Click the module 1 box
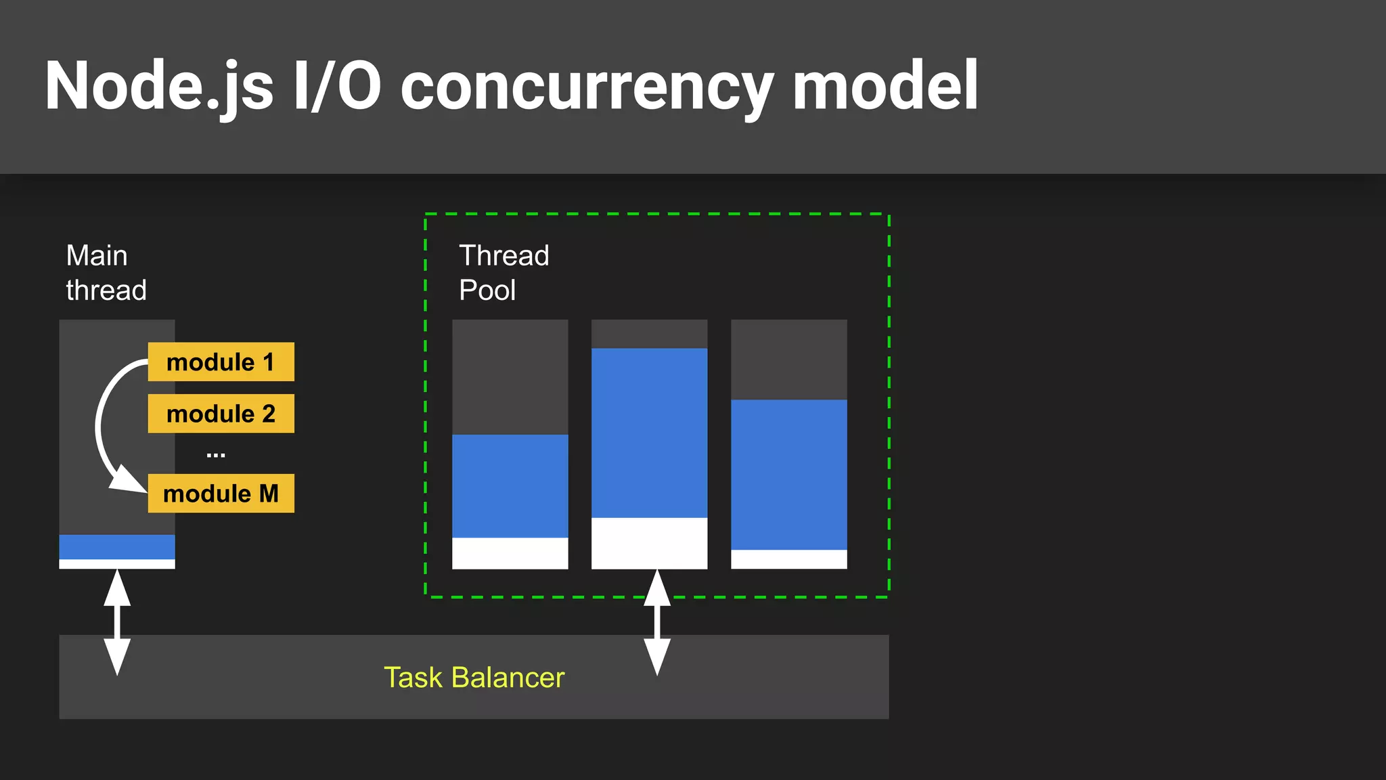[x=221, y=362]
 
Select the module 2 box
[x=221, y=414]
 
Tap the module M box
[x=221, y=494]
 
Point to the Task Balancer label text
[x=474, y=678]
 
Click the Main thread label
[x=106, y=273]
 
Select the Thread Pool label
[x=504, y=273]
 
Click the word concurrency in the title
[x=586, y=87]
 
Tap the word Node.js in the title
[x=159, y=87]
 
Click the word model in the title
[x=885, y=87]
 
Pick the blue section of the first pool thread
[x=510, y=486]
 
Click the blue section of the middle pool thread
[x=649, y=433]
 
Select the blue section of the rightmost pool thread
[x=788, y=475]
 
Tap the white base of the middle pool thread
[x=649, y=543]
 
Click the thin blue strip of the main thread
[x=117, y=547]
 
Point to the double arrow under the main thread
[x=117, y=622]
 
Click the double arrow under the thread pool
[x=657, y=622]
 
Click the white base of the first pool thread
[x=510, y=553]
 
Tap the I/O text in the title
[x=336, y=87]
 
